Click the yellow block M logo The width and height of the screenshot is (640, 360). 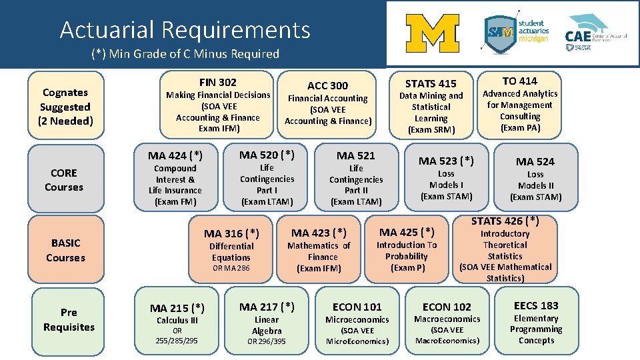pos(432,33)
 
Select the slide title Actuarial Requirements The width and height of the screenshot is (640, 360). pos(185,29)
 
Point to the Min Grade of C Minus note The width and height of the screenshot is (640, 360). pos(185,54)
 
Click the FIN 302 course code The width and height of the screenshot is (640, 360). pos(217,82)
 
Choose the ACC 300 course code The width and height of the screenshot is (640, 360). pos(327,85)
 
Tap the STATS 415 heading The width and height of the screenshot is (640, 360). pos(431,83)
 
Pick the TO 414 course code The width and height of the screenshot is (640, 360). pos(519,81)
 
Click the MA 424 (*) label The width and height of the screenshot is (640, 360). pos(175,156)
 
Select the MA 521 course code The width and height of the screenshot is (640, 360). pos(356,155)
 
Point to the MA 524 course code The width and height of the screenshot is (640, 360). pos(535,161)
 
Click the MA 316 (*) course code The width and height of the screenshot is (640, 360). pos(231,233)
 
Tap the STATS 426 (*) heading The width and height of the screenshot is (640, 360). pos(505,221)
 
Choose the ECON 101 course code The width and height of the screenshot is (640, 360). pos(357,307)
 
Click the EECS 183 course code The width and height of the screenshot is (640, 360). pos(536,305)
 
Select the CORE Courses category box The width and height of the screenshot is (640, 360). pos(64,180)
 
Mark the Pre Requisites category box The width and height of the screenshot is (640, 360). pos(69,320)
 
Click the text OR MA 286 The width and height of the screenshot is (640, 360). pos(231,269)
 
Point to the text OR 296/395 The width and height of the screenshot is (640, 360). pos(267,341)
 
